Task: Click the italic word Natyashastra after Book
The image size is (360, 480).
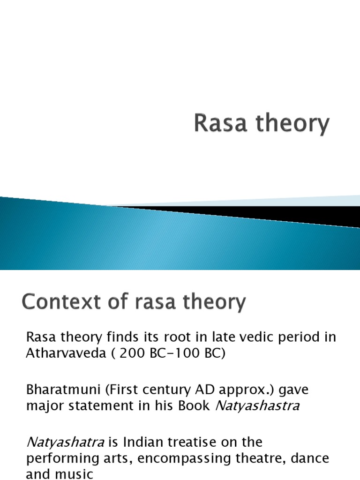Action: pyautogui.click(x=257, y=405)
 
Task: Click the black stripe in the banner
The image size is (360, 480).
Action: pyautogui.click(x=281, y=215)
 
